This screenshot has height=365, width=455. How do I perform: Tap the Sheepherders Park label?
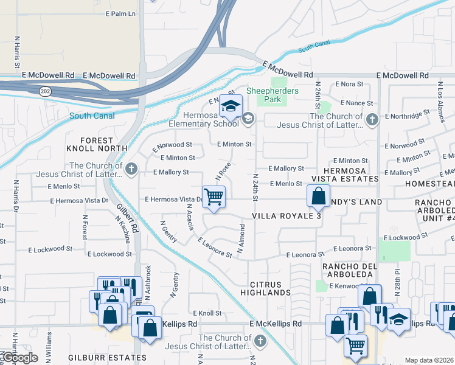click(277, 95)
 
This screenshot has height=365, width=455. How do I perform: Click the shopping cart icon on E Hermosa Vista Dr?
click(214, 197)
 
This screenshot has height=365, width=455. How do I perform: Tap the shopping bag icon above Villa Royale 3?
click(318, 196)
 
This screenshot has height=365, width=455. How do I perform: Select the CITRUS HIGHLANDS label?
click(270, 288)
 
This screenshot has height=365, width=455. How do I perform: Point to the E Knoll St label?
click(207, 313)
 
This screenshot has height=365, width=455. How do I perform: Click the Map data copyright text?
click(429, 360)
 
